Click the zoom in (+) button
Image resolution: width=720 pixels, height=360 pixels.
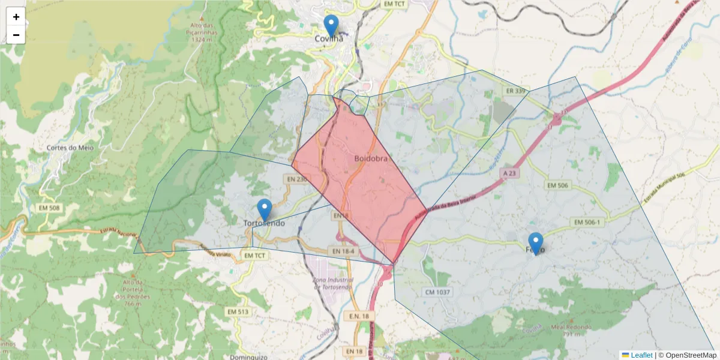coord(16,17)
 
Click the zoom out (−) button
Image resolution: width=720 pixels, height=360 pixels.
coord(16,35)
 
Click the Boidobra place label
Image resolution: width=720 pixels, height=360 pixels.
coord(371,159)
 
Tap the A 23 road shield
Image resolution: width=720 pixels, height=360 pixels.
coord(509,172)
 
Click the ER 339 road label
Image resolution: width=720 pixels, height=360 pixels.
coord(515,91)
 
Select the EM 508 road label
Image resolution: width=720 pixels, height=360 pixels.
coord(49,208)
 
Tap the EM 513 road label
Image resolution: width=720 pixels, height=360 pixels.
coord(238,312)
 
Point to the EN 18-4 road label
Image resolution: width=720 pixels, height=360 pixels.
coord(343,251)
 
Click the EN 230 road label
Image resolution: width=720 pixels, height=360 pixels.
coord(297,179)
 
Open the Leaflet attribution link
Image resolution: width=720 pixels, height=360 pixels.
coord(641,355)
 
